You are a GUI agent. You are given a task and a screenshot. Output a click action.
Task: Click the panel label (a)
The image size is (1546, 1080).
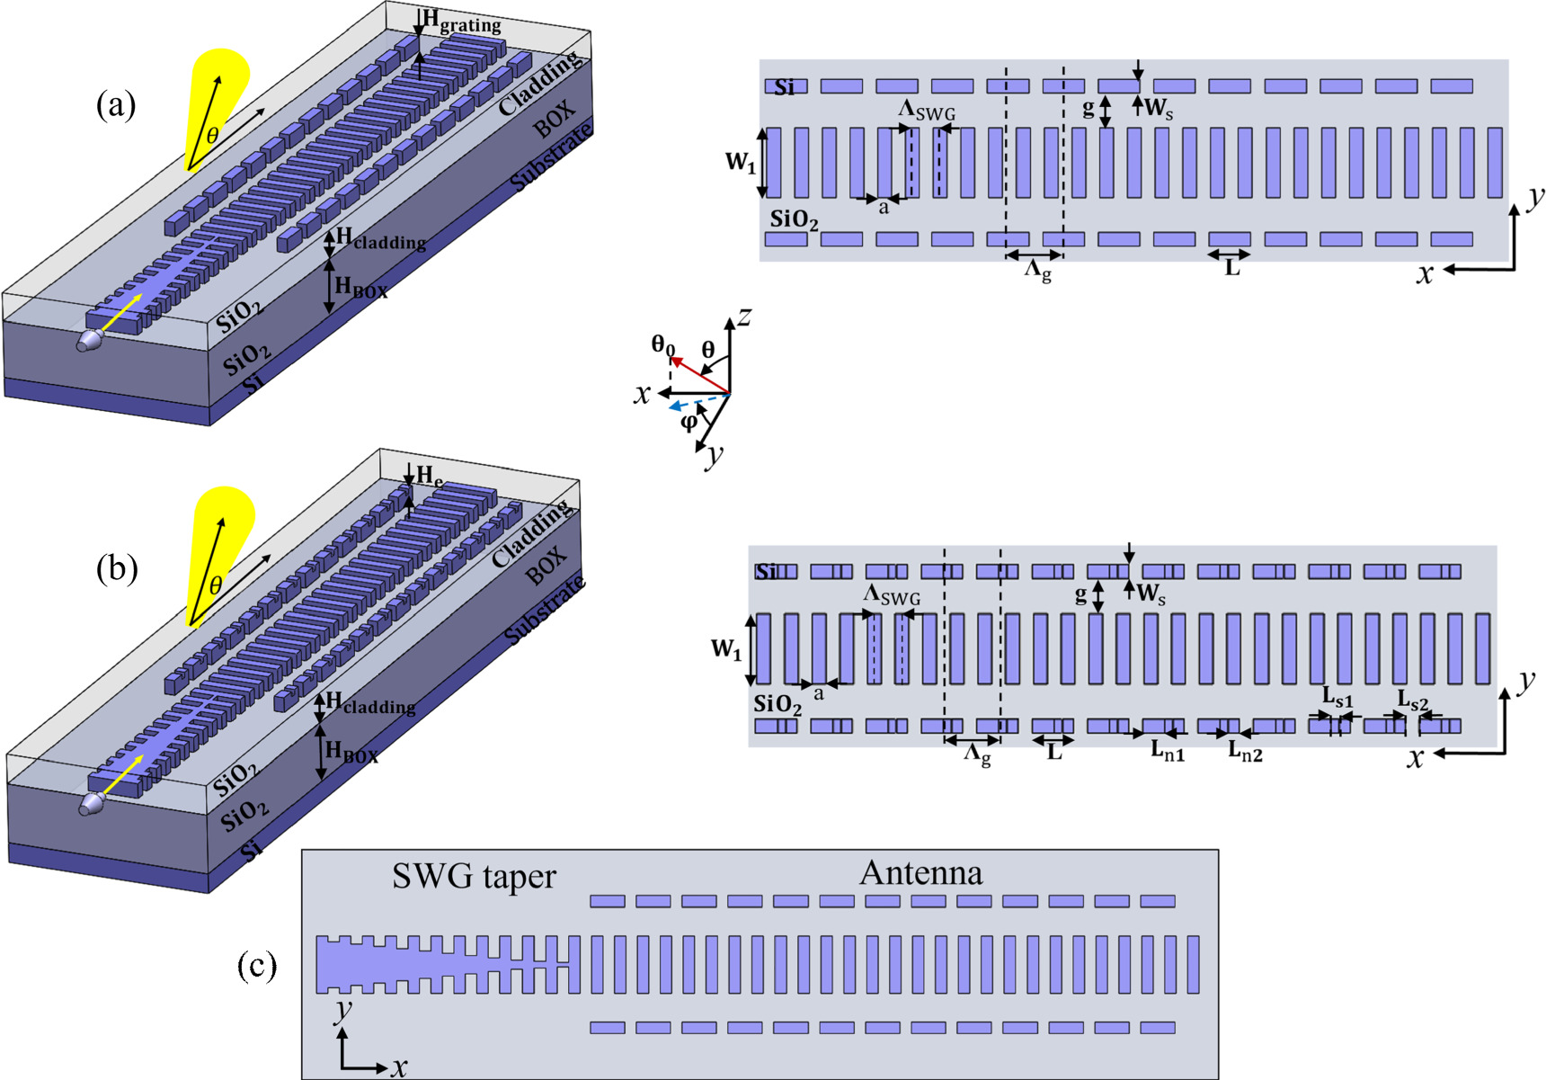tap(116, 106)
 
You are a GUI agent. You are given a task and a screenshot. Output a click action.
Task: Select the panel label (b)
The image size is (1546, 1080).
tap(116, 569)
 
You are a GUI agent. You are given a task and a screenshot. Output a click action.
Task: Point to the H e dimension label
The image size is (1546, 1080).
tap(429, 476)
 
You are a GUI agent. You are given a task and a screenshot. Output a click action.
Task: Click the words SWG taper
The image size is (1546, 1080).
tap(474, 876)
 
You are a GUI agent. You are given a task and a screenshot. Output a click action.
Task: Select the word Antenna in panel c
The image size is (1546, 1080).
tap(921, 872)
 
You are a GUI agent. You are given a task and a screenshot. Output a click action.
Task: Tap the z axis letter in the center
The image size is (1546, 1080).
tap(743, 317)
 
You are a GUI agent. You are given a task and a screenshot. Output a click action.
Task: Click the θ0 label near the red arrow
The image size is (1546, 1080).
tap(662, 344)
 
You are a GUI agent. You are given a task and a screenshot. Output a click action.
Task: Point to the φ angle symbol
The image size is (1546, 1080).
tap(689, 421)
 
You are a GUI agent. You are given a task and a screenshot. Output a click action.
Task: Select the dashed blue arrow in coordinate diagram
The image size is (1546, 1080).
tap(697, 401)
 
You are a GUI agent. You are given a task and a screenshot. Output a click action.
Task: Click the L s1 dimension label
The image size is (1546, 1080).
tap(1337, 697)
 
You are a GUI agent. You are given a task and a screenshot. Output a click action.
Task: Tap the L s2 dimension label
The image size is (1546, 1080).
tap(1412, 699)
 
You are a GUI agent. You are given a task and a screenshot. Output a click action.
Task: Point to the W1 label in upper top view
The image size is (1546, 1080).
tap(741, 162)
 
